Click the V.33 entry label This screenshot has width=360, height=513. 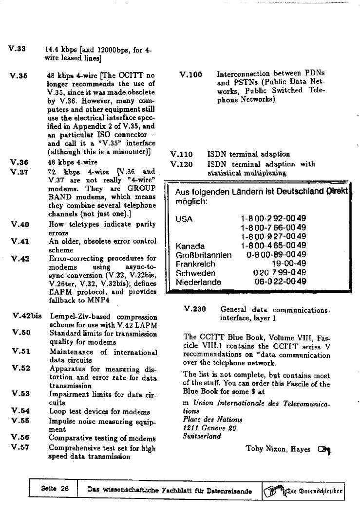tap(17, 49)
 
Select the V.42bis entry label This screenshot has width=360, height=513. tap(27, 316)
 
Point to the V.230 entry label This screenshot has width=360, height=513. tap(195, 309)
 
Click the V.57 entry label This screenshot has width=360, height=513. tap(21, 448)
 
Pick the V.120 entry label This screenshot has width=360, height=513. tap(181, 164)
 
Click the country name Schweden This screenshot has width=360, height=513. tap(195, 273)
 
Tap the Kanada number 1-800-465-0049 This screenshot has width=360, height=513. tap(273, 246)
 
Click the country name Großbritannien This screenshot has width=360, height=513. tap(204, 255)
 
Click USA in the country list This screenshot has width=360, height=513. tap(184, 219)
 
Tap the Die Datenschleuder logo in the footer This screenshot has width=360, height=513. tap(303, 490)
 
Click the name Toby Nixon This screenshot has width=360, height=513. tap(266, 449)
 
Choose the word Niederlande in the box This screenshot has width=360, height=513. tap(198, 282)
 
